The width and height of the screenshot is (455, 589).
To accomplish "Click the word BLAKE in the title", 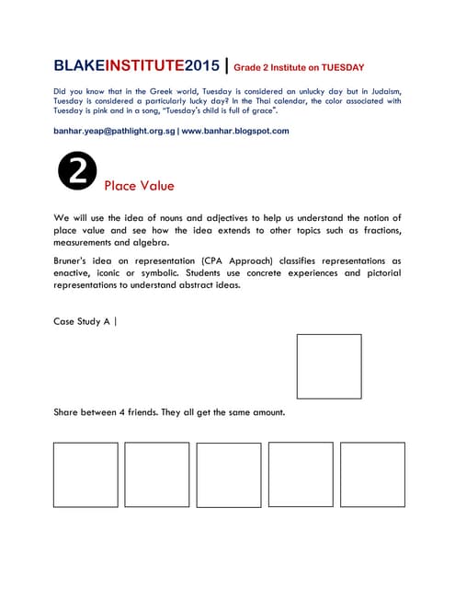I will [x=80, y=66].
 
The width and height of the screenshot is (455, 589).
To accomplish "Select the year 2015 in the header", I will [x=202, y=66].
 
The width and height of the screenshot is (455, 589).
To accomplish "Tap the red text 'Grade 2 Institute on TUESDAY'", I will [x=299, y=67].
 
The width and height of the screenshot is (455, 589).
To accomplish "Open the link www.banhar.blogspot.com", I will [x=235, y=131].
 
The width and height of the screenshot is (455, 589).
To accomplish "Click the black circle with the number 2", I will [x=76, y=172].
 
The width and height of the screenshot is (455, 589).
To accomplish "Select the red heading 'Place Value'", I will [x=139, y=186].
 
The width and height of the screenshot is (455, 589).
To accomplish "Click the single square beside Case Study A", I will [x=329, y=366].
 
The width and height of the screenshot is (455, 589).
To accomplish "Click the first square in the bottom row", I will [x=85, y=475].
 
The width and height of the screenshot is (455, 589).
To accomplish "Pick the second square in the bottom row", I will [x=157, y=475].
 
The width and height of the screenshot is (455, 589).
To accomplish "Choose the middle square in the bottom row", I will [x=229, y=475].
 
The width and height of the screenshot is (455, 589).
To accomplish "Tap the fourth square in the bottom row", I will [x=301, y=475].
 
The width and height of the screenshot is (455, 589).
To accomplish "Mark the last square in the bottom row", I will [x=372, y=475].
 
